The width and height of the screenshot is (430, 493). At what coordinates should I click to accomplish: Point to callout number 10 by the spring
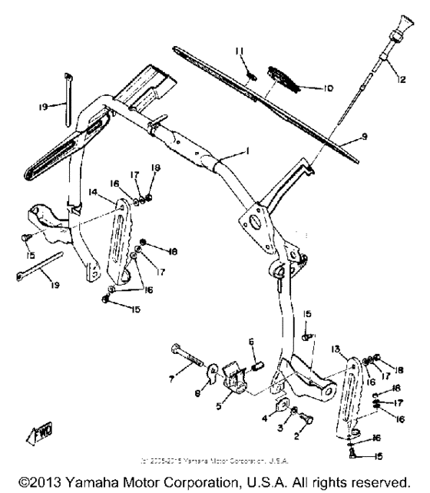[328, 88]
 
